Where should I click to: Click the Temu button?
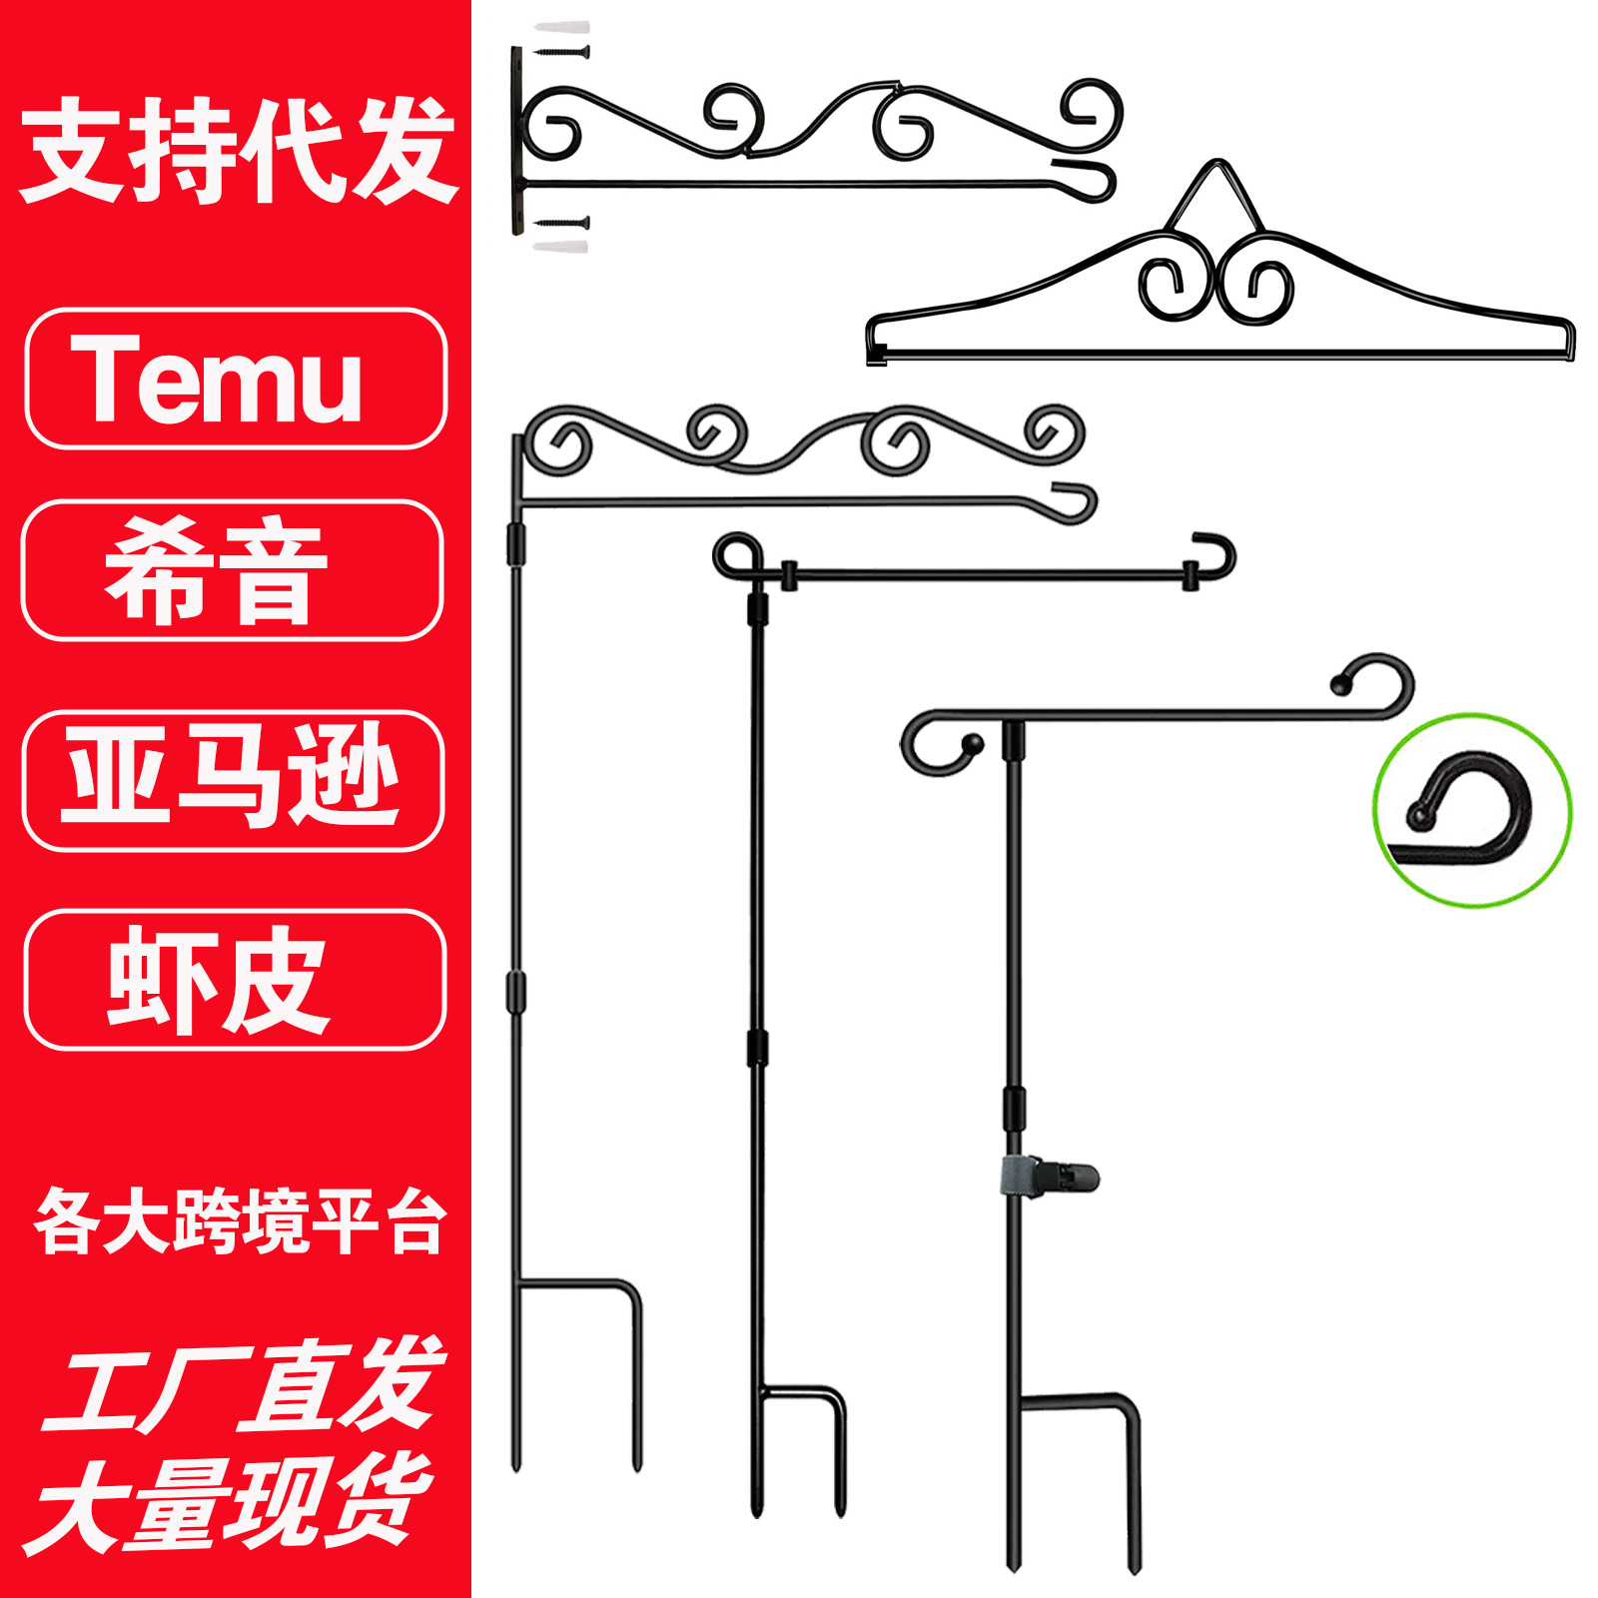236,380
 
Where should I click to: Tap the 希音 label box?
232,570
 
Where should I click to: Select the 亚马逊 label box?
233,780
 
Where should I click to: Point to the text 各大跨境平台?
238,1220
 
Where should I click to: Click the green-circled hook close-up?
1471,810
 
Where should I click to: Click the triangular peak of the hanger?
1216,190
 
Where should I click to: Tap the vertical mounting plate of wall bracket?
517,140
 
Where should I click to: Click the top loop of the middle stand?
737,555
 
